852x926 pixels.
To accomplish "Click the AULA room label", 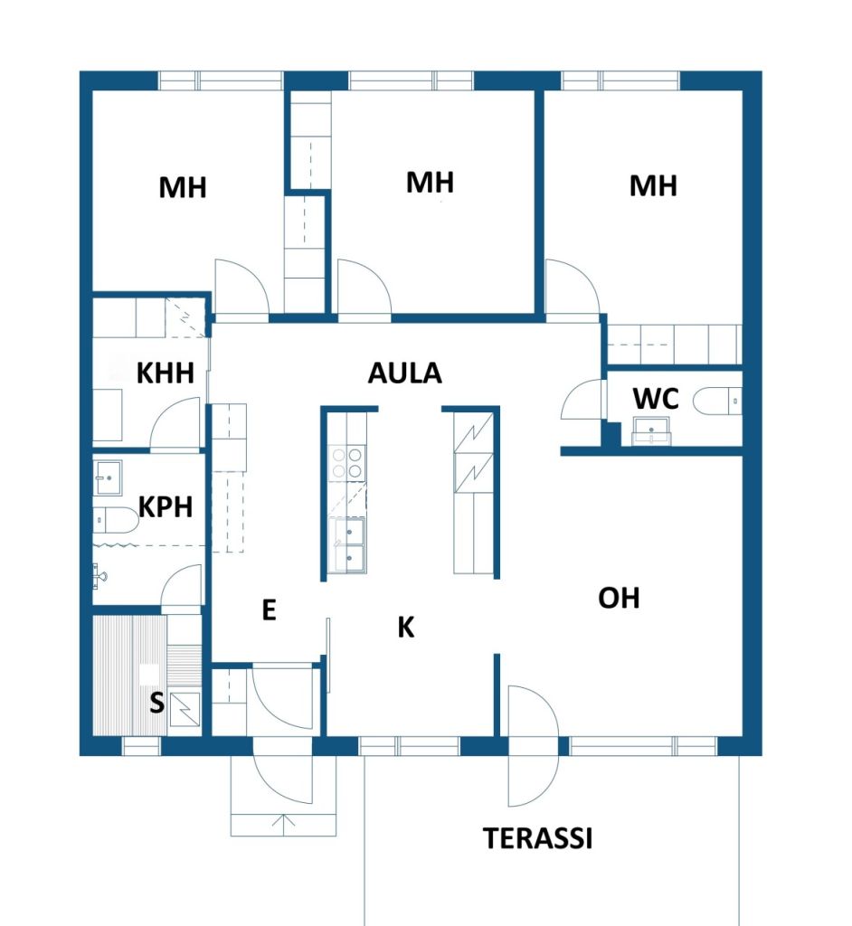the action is tap(404, 373).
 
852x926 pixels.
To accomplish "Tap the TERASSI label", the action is tap(537, 838).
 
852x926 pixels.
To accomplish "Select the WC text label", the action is tap(656, 399).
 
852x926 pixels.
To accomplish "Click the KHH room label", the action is tap(166, 373).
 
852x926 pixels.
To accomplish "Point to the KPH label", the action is tap(166, 506).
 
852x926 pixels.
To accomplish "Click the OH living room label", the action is tap(619, 598).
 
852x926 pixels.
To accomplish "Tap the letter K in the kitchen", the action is tap(406, 628).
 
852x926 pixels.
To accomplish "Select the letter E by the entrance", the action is tap(269, 610).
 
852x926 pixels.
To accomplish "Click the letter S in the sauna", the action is tap(156, 703).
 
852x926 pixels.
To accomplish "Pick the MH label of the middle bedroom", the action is tap(431, 183).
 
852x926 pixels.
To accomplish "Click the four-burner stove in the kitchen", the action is tap(346, 462).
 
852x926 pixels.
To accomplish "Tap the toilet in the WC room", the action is tap(717, 401).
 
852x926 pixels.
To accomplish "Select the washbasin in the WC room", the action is tap(652, 430).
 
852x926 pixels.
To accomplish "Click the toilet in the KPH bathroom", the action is tap(115, 520).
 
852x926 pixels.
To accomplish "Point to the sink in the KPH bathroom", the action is tap(108, 477).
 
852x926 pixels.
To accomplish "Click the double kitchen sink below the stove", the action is tap(348, 545).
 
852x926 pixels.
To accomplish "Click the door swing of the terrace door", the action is tap(533, 746).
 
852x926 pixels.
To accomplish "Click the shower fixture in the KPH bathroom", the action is tap(99, 575).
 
